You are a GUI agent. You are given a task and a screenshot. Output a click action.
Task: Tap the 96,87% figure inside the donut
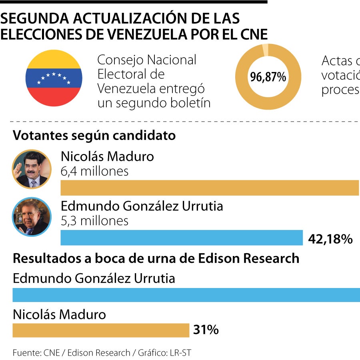click(268, 77)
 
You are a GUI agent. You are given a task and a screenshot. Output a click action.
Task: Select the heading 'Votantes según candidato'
click(94, 135)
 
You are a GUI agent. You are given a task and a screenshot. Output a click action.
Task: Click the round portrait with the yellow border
click(32, 169)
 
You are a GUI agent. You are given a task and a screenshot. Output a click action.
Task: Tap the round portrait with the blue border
click(32, 217)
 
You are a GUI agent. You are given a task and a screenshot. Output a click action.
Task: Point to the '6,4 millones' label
click(94, 171)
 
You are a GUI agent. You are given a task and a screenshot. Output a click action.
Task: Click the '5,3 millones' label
click(94, 220)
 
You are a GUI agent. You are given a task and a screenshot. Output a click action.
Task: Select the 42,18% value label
click(330, 239)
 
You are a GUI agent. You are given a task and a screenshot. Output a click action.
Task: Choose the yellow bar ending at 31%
click(100, 330)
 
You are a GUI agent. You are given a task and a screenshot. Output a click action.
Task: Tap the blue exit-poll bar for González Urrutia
click(186, 295)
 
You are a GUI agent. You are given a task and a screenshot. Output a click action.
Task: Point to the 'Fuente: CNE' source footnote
click(36, 353)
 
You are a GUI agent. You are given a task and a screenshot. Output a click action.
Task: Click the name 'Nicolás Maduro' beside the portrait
click(107, 156)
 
